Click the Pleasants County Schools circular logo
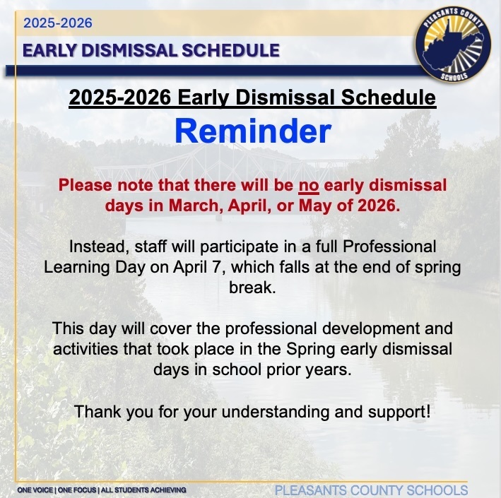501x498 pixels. pos(453,48)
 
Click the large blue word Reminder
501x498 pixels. pos(252,131)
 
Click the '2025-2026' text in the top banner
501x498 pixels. pos(58,23)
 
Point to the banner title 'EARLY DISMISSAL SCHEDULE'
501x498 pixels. pos(151,50)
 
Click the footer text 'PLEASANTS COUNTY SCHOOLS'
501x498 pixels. pos(370,490)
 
